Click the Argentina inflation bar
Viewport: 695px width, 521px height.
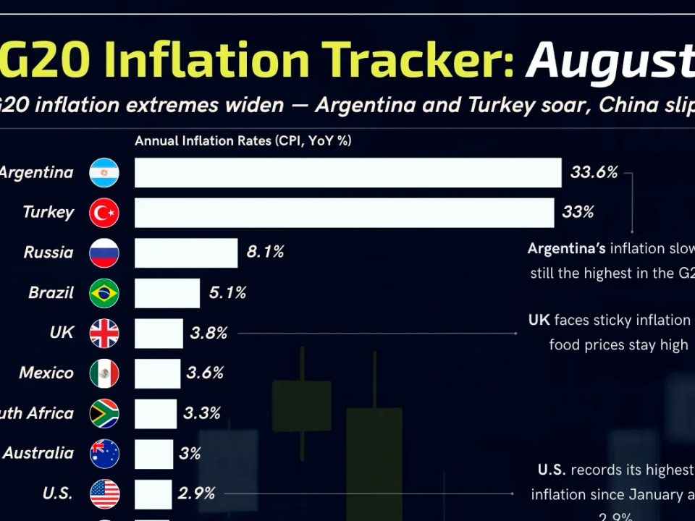[x=347, y=173]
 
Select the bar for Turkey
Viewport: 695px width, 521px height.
[x=345, y=213]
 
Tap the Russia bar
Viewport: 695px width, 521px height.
[x=186, y=253]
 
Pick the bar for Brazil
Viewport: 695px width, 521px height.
[x=167, y=293]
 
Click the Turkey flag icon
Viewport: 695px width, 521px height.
[x=104, y=213]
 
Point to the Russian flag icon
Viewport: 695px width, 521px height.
[x=104, y=253]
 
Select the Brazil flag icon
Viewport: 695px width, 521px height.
[x=104, y=293]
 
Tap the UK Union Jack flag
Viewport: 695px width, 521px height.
[x=104, y=334]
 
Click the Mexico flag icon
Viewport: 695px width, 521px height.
[x=104, y=373]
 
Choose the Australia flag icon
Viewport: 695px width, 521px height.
[x=104, y=454]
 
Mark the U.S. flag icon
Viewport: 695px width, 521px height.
[x=104, y=494]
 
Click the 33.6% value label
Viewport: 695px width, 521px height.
[x=594, y=172]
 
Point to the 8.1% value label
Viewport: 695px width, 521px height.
[x=265, y=252]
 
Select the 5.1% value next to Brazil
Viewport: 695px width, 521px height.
[x=227, y=292]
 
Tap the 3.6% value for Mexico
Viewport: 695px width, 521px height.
[x=205, y=373]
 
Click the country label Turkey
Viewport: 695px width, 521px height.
[x=48, y=212]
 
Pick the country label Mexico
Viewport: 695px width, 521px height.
[x=46, y=373]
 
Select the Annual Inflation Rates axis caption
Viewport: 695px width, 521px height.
[x=243, y=141]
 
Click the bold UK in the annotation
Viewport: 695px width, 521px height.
[x=539, y=320]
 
